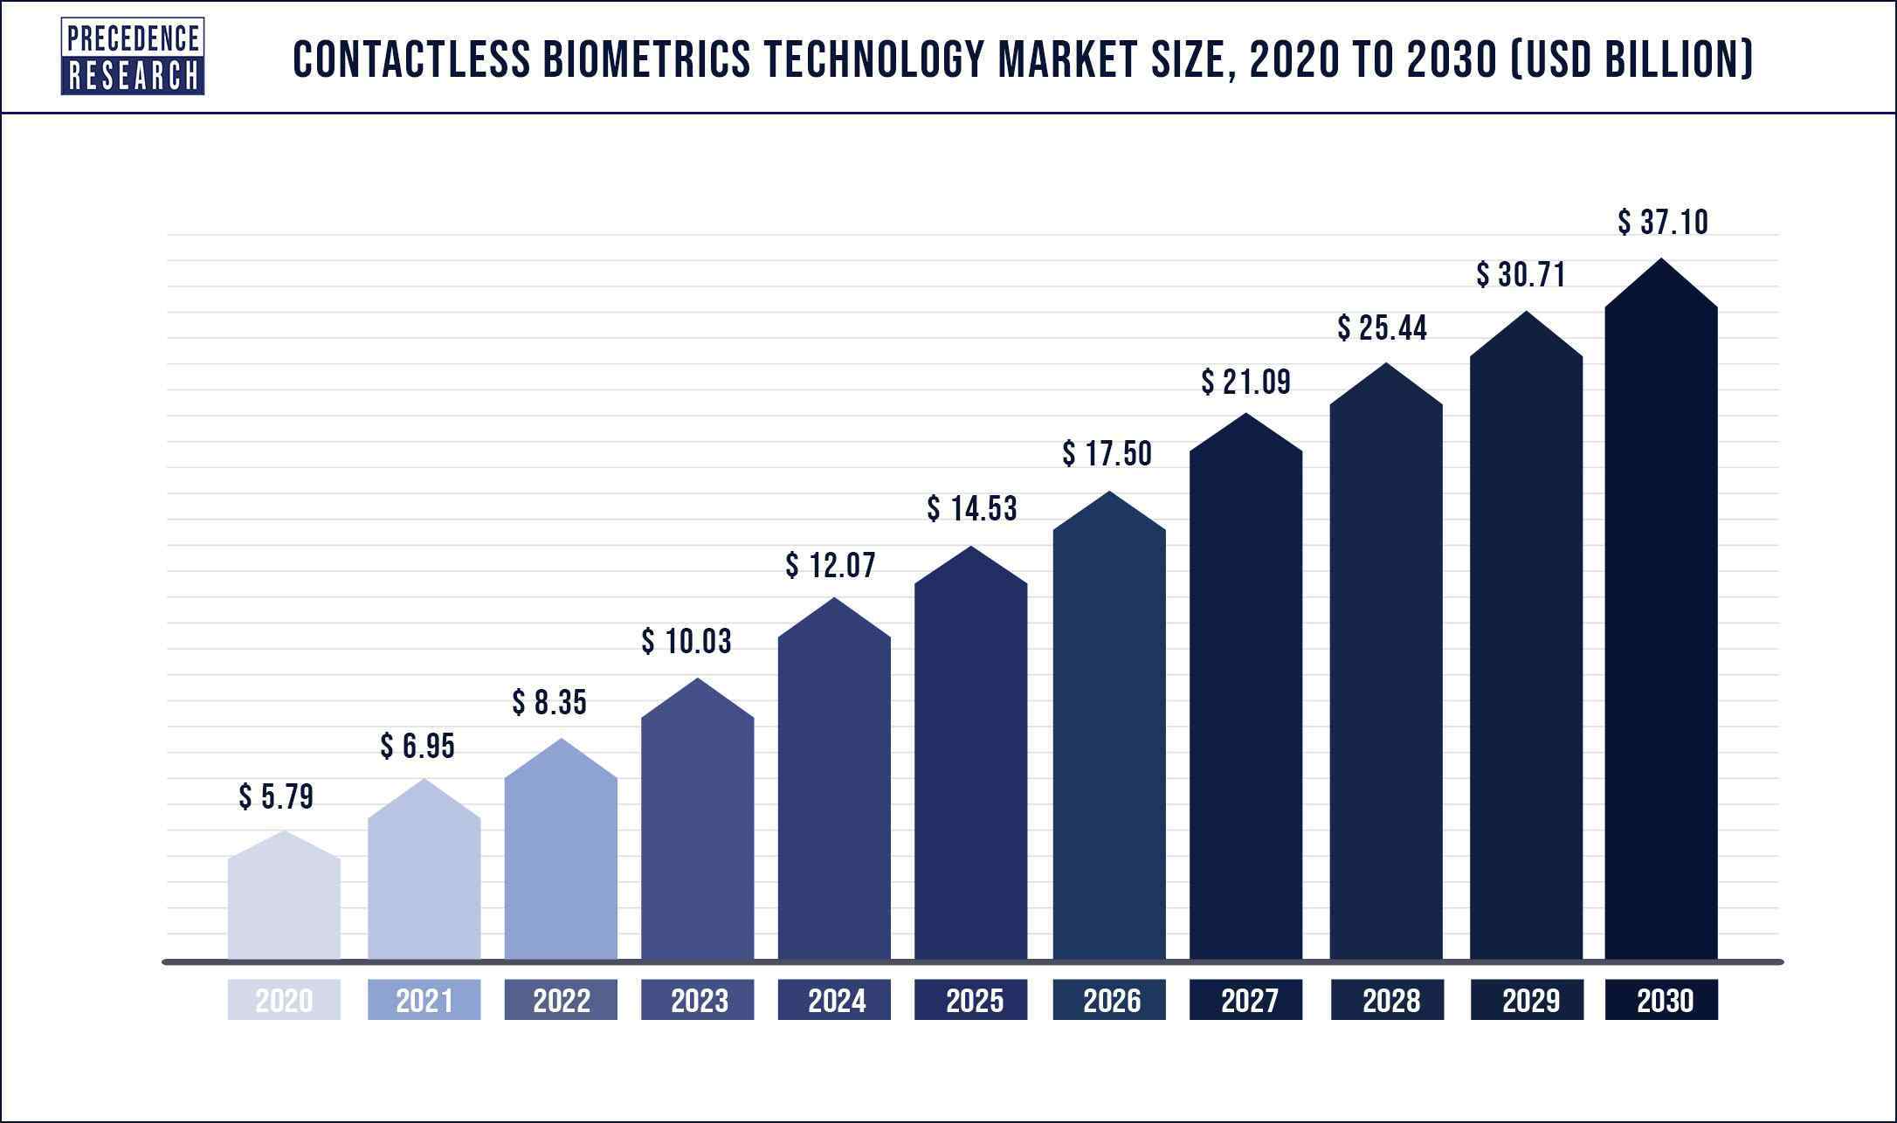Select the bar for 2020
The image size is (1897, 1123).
tap(284, 904)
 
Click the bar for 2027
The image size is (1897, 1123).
tap(1245, 699)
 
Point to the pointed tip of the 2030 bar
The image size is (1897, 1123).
tap(1660, 260)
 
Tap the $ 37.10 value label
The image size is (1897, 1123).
tap(1662, 222)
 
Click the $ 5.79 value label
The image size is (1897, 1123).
tap(276, 796)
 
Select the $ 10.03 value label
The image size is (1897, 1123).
tap(686, 641)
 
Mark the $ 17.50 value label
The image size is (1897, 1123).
tap(1107, 453)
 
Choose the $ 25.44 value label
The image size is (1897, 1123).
tap(1382, 328)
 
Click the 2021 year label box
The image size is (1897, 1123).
tap(424, 1000)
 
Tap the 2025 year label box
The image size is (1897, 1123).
tap(970, 1000)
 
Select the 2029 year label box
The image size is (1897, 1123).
tap(1526, 1000)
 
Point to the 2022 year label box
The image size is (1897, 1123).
tap(561, 1000)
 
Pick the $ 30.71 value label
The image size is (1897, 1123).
tap(1521, 275)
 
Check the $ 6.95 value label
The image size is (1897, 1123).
tap(417, 746)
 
